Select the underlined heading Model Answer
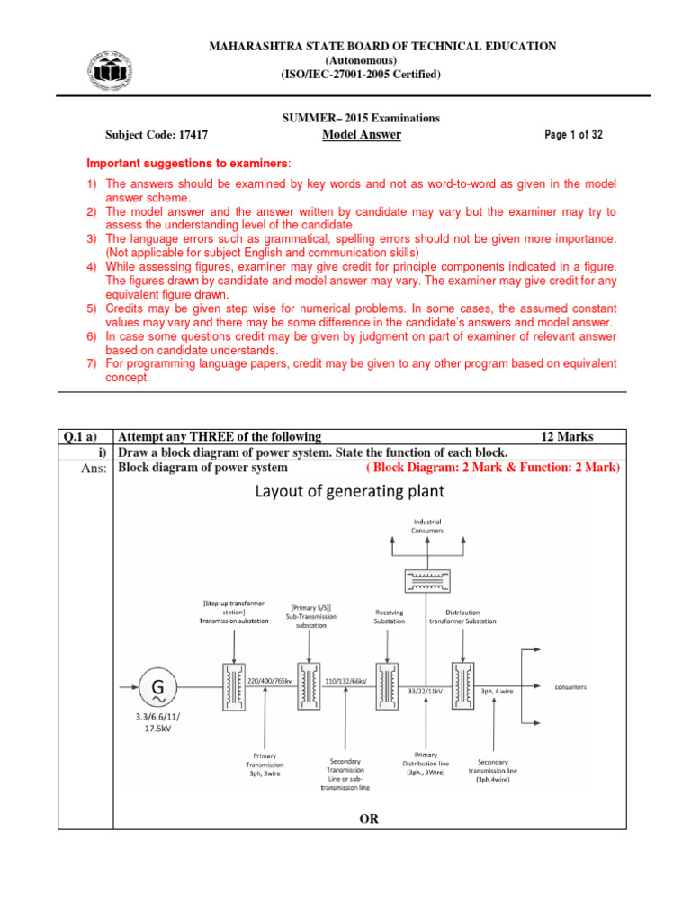coord(361,135)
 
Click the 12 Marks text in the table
coord(566,437)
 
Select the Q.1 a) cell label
coord(83,437)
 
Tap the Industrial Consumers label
coord(427,526)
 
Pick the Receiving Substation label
coord(390,616)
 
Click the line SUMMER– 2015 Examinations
coord(361,118)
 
